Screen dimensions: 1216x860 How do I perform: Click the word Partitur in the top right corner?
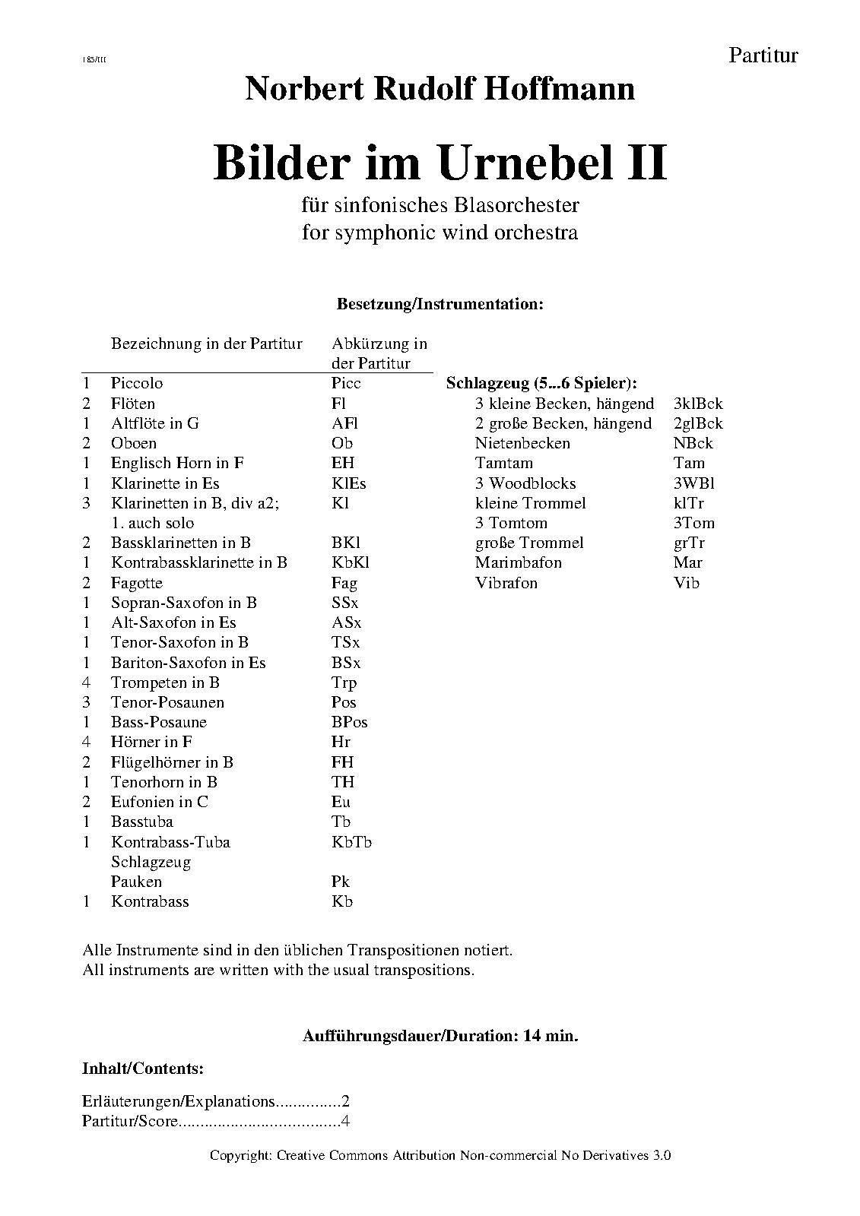pos(763,55)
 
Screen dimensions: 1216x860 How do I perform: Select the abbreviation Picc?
pos(346,383)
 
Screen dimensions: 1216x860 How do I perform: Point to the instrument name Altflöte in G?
pos(154,423)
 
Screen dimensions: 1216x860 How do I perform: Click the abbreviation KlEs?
pos(349,483)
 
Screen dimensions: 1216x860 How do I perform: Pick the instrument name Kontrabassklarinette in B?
pos(198,562)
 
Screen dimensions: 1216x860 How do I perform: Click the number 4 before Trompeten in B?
pos(87,682)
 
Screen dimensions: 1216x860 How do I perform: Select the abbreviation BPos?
pos(349,722)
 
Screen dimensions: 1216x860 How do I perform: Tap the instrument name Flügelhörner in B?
pos(172,762)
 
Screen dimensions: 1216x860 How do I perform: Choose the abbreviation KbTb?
pos(351,842)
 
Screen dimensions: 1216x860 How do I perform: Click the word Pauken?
pos(136,882)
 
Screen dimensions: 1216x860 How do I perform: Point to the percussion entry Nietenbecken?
pos(522,443)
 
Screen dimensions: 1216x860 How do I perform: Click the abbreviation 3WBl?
pos(693,483)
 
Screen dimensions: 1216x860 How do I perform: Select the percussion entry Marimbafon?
pos(519,562)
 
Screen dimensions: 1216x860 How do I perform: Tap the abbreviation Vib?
pos(686,583)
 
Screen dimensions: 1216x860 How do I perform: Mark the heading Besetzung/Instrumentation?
pos(440,304)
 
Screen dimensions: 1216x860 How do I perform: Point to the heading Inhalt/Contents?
pos(142,1069)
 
